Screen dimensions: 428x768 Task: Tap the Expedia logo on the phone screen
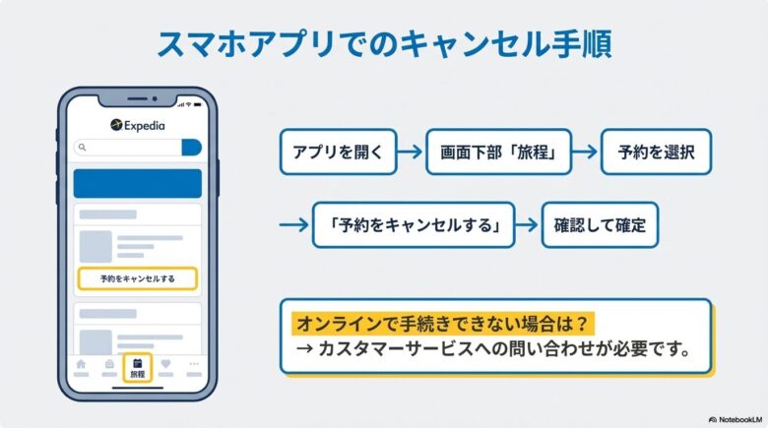pos(138,125)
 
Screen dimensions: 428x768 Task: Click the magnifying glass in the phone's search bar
pos(83,148)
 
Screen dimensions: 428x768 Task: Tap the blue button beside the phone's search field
pos(191,148)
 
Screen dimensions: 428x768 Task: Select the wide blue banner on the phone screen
pos(138,183)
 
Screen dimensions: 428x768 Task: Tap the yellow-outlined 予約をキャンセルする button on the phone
pos(138,278)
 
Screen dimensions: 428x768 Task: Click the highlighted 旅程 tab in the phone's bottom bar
pos(137,368)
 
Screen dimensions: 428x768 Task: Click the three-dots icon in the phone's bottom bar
pos(194,365)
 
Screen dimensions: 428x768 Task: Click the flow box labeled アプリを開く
pos(338,153)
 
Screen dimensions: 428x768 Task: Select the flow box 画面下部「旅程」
pos(498,153)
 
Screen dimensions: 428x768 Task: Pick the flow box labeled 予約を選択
pos(655,153)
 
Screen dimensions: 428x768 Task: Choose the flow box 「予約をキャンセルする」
pos(413,224)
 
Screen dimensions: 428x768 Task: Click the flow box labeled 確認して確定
pos(600,224)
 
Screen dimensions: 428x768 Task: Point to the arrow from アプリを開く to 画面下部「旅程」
pos(411,153)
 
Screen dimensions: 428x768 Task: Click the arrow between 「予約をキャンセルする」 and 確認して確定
pos(528,224)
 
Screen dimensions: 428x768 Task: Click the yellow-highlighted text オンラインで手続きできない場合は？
pos(444,323)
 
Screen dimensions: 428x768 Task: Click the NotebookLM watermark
pos(733,419)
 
